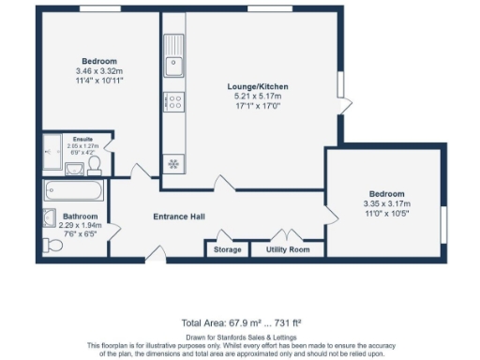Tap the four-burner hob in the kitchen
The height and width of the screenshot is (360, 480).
click(173, 100)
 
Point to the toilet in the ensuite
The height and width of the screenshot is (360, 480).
click(94, 165)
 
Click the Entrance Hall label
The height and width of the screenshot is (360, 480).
click(179, 217)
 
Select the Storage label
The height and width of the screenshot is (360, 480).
click(227, 249)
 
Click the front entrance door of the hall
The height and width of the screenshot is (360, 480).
click(156, 251)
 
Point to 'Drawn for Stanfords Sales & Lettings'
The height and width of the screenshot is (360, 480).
click(239, 336)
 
